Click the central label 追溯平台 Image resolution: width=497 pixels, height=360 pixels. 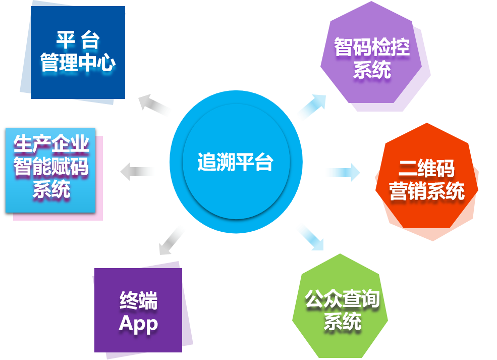(235, 163)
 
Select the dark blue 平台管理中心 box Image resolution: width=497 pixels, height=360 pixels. (73, 53)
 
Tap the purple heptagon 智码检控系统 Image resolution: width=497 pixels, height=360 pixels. (374, 58)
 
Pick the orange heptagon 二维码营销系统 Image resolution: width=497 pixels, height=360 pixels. (427, 182)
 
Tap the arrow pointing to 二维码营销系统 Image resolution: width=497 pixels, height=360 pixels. (342, 173)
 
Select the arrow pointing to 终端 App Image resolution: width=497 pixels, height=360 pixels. (172, 239)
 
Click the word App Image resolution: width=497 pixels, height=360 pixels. (138, 324)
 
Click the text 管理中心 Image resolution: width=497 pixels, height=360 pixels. (78, 64)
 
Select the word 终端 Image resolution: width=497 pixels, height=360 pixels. (139, 301)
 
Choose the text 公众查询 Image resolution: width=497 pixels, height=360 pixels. (342, 299)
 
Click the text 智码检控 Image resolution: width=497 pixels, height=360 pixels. (372, 47)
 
